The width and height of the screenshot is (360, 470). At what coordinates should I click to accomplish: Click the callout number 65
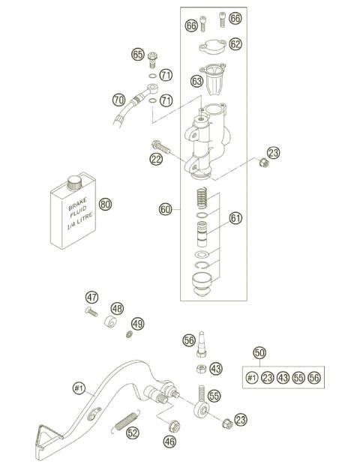[x=137, y=54]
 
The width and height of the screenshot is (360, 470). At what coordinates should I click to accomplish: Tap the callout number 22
[x=156, y=158]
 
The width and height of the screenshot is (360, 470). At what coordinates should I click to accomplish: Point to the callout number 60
[x=166, y=210]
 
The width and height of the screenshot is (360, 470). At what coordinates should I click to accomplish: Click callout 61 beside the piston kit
[x=235, y=218]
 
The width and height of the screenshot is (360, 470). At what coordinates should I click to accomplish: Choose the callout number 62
[x=235, y=44]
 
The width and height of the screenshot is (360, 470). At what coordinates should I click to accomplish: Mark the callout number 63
[x=197, y=80]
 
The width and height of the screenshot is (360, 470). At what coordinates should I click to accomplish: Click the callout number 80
[x=105, y=204]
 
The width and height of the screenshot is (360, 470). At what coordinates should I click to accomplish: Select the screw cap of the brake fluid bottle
[x=73, y=182]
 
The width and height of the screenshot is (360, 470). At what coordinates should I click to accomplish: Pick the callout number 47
[x=91, y=296]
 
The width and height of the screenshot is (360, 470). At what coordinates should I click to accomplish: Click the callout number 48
[x=117, y=308]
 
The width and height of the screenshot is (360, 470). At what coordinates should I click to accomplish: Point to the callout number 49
[x=137, y=323]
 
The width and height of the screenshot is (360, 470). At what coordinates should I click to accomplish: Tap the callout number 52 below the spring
[x=132, y=433]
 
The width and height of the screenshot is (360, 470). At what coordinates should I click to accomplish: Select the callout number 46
[x=169, y=442]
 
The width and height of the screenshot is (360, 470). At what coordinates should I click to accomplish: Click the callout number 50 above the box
[x=259, y=353]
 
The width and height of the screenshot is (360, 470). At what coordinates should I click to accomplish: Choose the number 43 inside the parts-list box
[x=283, y=378]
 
